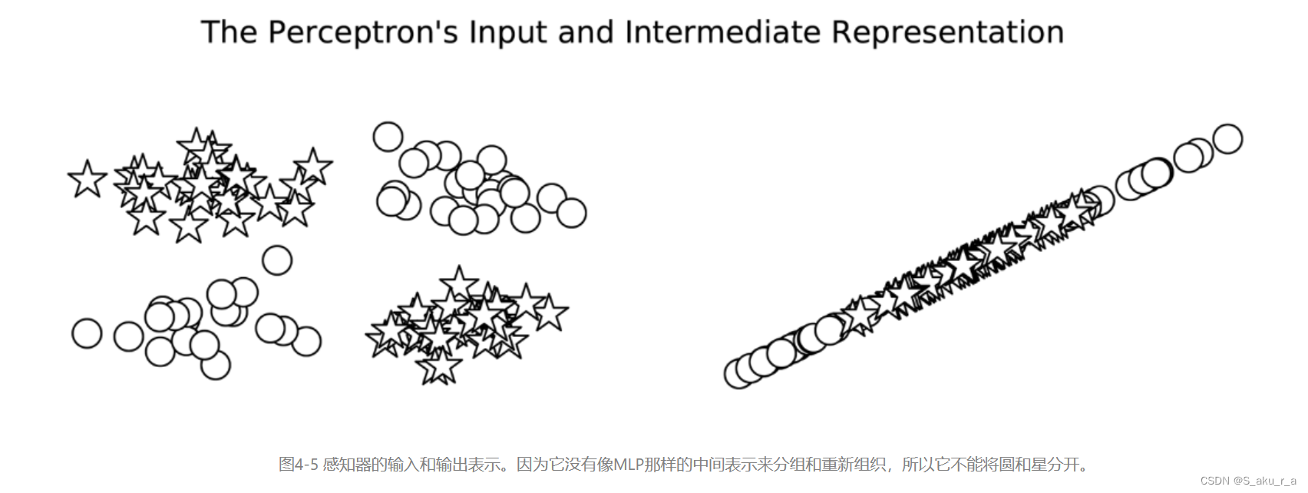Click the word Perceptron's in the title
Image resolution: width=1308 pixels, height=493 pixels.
tap(363, 33)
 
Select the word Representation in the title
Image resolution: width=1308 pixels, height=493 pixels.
tap(947, 33)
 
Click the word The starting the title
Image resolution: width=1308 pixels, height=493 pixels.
tap(230, 33)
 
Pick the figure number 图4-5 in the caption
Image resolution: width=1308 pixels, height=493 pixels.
tap(298, 465)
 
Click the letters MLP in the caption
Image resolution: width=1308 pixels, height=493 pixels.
tap(628, 465)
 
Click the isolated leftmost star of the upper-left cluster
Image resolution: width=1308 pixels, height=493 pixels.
tap(88, 179)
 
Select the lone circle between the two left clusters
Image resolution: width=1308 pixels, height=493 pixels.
tap(277, 260)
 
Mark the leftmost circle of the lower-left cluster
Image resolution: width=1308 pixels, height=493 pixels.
tap(87, 333)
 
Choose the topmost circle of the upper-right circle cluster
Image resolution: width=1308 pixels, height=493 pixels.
tap(388, 137)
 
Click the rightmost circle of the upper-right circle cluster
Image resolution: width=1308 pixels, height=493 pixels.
tap(571, 213)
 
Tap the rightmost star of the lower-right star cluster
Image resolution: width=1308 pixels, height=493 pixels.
tap(550, 313)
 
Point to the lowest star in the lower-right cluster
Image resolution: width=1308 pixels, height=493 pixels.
tap(440, 366)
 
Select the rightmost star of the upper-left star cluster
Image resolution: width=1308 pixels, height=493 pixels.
tap(313, 166)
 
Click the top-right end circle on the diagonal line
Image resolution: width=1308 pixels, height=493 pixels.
tap(1227, 139)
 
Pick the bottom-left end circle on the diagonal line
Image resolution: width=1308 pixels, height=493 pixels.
tap(739, 374)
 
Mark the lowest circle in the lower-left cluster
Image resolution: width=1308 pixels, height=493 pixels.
tap(216, 365)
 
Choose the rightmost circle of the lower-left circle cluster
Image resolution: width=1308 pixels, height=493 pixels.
tap(306, 341)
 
